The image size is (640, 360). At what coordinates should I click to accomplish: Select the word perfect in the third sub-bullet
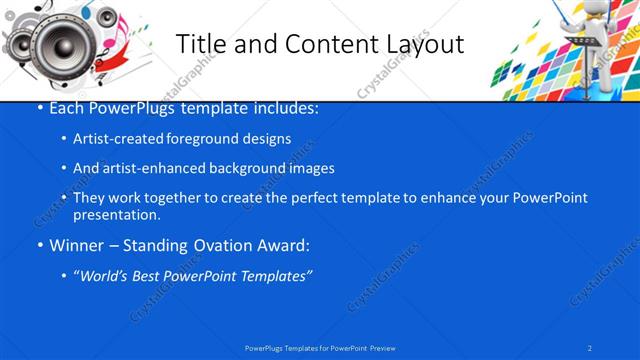[295, 198]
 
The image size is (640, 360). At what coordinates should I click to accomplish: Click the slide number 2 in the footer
[590, 347]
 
